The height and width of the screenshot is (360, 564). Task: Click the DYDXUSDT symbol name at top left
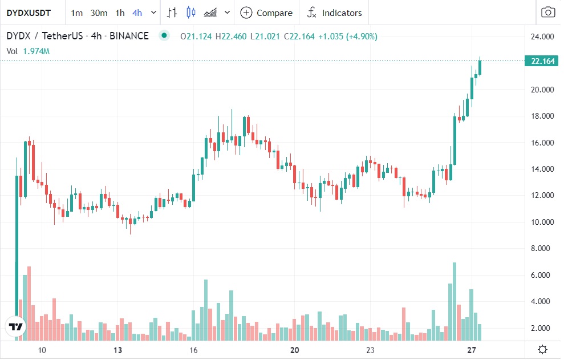coord(29,13)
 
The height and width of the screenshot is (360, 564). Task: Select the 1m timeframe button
coord(76,13)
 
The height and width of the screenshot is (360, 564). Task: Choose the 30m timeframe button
coord(99,13)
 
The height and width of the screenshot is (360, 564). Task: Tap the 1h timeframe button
coord(120,13)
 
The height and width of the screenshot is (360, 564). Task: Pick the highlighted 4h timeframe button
coord(137,13)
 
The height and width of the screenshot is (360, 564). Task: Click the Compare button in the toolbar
coord(266,13)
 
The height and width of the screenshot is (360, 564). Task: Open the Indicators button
coord(334,13)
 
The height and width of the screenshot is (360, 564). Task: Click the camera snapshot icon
coord(547,13)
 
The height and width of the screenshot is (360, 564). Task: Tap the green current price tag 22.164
coord(542,62)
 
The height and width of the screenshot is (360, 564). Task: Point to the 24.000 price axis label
coord(542,37)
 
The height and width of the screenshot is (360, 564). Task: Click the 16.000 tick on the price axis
coord(542,143)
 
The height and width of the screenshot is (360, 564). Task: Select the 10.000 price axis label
coord(542,222)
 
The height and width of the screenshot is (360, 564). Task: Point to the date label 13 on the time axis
coord(118,350)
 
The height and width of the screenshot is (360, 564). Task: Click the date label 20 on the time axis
coord(295,350)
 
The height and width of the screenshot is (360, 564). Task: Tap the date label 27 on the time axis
coord(472,350)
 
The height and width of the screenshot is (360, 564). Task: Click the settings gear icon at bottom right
coord(542,349)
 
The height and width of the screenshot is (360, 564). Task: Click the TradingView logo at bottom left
coord(16,327)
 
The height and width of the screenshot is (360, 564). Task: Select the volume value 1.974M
coord(36,51)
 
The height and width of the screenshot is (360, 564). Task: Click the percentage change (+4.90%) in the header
coord(360,37)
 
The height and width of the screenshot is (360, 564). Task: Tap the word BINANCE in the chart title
coord(129,36)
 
